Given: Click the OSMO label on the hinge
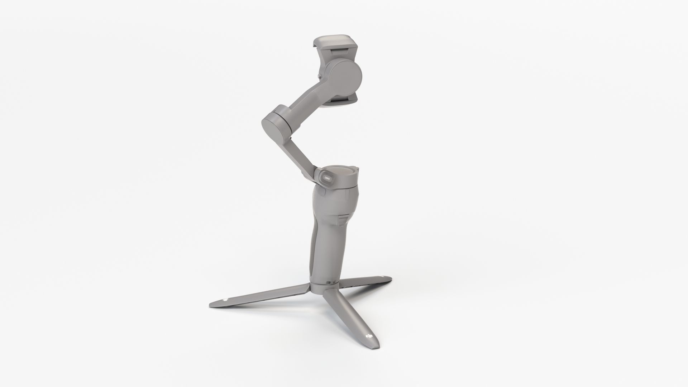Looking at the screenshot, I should (327, 177).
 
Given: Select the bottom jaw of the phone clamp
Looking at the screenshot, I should (340, 102).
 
